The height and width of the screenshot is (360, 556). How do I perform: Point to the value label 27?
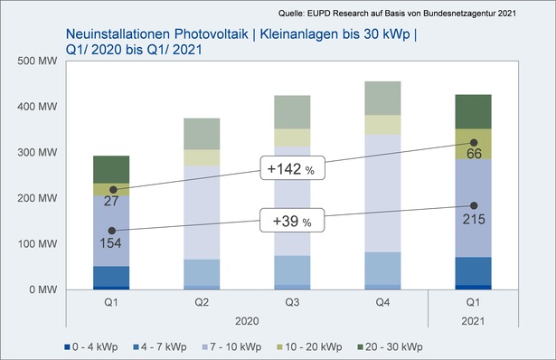(x=112, y=201)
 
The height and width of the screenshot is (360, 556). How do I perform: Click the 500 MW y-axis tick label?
(x=35, y=62)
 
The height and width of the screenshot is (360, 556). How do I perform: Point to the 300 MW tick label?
(x=35, y=153)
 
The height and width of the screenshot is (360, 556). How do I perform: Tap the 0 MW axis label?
(x=40, y=290)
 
